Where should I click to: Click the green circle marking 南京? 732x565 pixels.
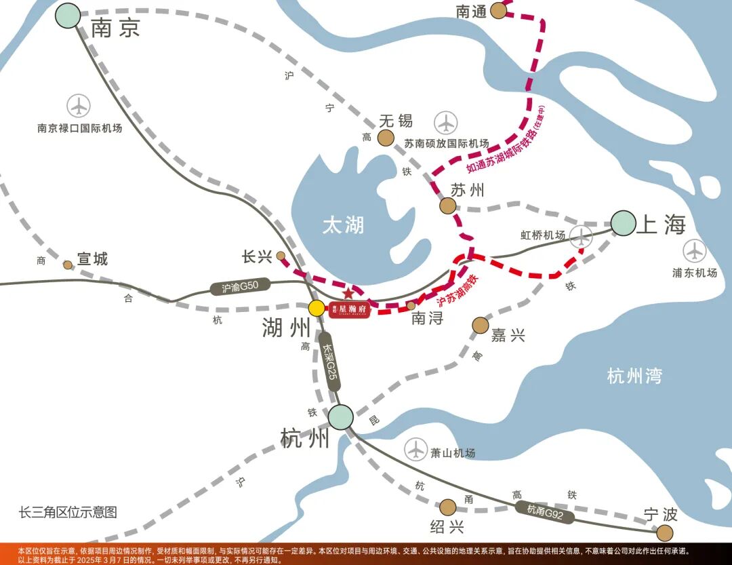pyautogui.click(x=68, y=15)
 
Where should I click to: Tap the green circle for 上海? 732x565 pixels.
pyautogui.click(x=624, y=222)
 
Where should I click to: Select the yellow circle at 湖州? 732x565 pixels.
pyautogui.click(x=317, y=308)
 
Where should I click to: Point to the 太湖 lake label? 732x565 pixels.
pyautogui.click(x=343, y=225)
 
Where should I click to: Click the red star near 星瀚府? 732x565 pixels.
pyautogui.click(x=348, y=294)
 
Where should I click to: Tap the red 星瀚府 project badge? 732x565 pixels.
pyautogui.click(x=349, y=310)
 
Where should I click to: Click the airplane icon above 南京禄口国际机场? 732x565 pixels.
pyautogui.click(x=79, y=106)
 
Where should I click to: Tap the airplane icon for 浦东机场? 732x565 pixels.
pyautogui.click(x=695, y=251)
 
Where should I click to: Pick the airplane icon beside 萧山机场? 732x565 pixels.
pyautogui.click(x=415, y=449)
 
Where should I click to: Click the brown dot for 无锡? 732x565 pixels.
pyautogui.click(x=386, y=138)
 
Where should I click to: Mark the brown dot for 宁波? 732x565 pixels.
pyautogui.click(x=666, y=532)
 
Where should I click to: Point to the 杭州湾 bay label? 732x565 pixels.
pyautogui.click(x=634, y=376)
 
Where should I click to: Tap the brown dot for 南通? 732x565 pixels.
pyautogui.click(x=499, y=10)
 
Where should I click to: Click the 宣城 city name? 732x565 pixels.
pyautogui.click(x=92, y=259)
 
